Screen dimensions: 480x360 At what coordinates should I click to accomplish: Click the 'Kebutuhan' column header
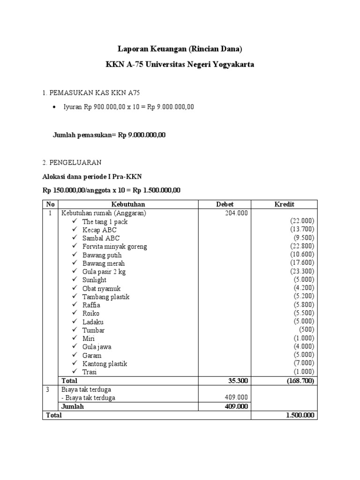[128, 204]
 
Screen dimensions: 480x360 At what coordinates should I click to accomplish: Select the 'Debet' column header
[224, 204]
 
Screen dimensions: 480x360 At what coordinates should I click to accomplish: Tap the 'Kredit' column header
[284, 204]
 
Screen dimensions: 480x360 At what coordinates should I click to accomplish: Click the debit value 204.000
[237, 213]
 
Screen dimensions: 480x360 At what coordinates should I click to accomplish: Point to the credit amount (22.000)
[302, 221]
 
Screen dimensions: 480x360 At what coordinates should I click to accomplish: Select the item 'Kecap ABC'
[99, 230]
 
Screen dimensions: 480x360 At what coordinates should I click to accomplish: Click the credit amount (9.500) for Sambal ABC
[304, 238]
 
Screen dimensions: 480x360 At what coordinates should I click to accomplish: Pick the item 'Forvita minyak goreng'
[114, 247]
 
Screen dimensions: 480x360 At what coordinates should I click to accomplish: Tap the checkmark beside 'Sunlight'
[75, 280]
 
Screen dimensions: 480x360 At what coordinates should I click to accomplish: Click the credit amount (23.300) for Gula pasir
[302, 271]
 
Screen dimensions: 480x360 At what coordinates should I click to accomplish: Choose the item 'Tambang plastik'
[105, 297]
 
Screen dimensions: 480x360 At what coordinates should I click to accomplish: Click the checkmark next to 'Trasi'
[75, 372]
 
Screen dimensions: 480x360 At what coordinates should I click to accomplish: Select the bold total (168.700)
[300, 381]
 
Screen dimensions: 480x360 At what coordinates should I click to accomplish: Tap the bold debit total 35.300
[238, 381]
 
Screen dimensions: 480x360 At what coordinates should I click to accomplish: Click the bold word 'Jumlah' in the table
[72, 406]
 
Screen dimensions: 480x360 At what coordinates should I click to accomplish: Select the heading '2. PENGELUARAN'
[72, 162]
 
